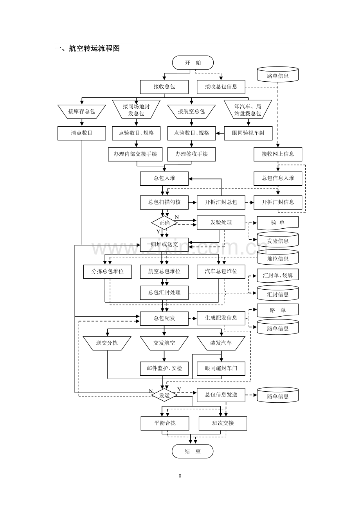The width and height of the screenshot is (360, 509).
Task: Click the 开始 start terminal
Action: point(193,63)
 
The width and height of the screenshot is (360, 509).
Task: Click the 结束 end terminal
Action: point(193,451)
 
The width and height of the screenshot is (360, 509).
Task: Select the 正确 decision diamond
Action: point(164,223)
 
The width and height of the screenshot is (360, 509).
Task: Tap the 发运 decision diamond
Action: point(164,395)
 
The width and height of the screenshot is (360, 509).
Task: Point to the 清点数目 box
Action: point(82,133)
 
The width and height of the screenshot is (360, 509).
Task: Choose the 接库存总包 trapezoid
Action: point(82,111)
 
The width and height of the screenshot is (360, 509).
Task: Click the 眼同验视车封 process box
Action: point(248,133)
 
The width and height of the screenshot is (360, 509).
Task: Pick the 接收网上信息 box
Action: point(278,154)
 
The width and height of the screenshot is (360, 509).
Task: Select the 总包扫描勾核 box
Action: point(164,202)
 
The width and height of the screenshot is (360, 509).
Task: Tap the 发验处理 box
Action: point(221,222)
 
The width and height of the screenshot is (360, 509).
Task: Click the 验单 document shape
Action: point(278,223)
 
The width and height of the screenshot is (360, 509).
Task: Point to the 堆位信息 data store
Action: point(278,258)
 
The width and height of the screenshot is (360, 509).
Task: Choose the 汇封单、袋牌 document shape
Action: point(278,276)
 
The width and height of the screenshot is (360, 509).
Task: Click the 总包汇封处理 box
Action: point(164,292)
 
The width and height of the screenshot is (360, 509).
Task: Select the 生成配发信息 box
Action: point(221,318)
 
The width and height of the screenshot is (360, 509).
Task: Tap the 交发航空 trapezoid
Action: point(164,343)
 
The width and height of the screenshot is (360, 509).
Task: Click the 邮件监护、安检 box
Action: point(164,368)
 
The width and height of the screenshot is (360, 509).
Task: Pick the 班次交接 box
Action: point(223,423)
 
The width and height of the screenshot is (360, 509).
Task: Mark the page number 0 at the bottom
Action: point(180,476)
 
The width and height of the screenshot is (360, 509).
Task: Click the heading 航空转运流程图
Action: point(94,48)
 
